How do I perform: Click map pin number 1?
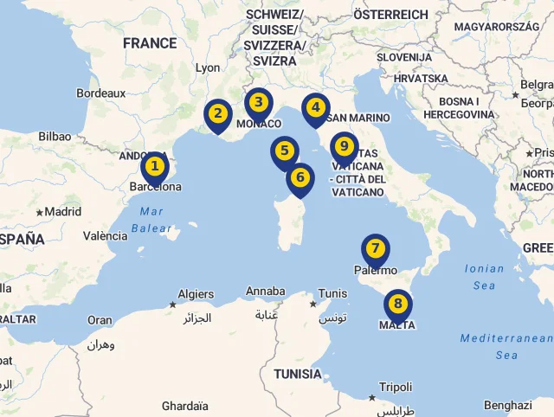(154, 165)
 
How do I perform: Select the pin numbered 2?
(218, 113)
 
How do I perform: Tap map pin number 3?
(258, 102)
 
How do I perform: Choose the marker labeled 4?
(315, 107)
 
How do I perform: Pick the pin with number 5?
(284, 151)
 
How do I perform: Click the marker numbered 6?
(300, 177)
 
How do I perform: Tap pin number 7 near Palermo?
(375, 248)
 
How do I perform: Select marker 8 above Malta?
(397, 304)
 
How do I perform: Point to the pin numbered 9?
(344, 145)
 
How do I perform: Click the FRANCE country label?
(150, 43)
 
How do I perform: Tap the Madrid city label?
(62, 211)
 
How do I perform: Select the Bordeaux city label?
(100, 93)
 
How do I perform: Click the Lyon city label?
(208, 67)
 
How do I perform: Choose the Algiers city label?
(196, 294)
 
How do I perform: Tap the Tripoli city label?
(396, 387)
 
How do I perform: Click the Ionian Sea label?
(484, 277)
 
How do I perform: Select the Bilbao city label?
(55, 137)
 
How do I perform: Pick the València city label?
(105, 236)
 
